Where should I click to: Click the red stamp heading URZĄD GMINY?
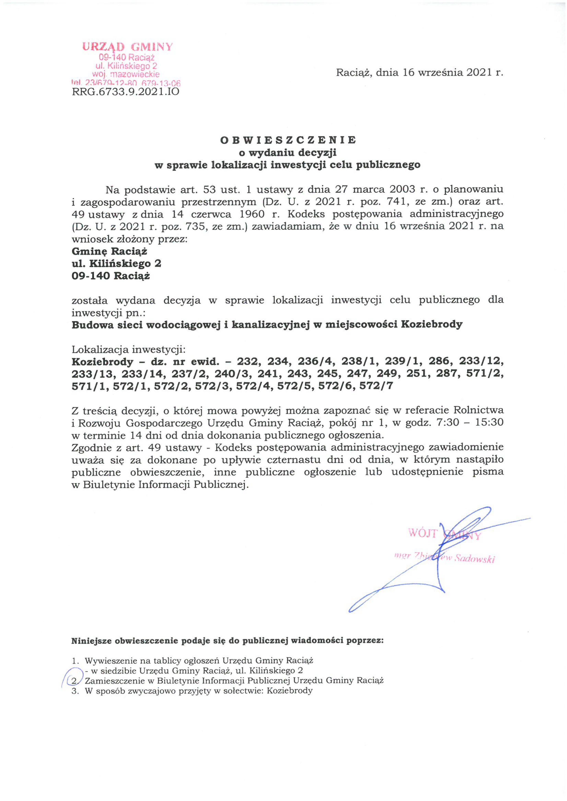point(127,47)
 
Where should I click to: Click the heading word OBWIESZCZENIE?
point(288,140)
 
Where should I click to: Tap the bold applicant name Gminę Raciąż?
point(109,251)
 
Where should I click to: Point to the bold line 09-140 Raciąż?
point(111,276)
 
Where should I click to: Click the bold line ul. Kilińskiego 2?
point(116,263)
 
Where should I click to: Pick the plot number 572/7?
point(377,386)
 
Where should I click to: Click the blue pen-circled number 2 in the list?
point(74,681)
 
